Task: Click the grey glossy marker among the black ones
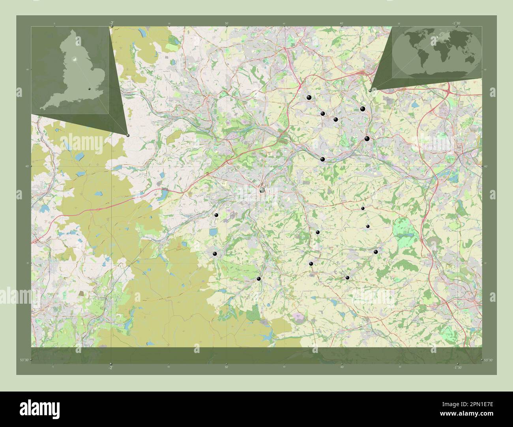[262, 190]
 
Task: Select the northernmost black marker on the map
[309, 98]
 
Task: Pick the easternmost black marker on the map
[376, 252]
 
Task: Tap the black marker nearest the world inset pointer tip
[363, 109]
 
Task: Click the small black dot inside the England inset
[90, 89]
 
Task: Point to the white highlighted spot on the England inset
[74, 59]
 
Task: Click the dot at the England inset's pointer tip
[128, 135]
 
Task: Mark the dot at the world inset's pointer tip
[370, 90]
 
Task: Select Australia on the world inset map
[470, 59]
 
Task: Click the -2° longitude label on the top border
[112, 23]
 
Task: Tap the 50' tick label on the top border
[227, 24]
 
